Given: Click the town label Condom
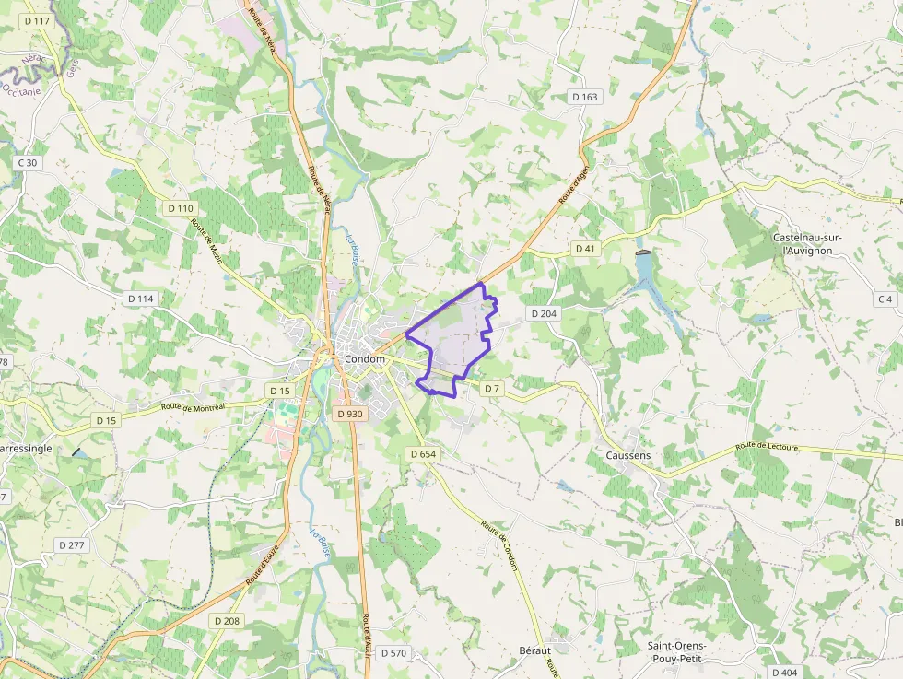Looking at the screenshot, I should point(363,359).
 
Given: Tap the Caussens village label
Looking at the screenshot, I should point(628,455).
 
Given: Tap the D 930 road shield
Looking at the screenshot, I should point(350,414).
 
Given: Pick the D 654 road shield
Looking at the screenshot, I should point(422,454).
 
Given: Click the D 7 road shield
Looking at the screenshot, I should point(492,389).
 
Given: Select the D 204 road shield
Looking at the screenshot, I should point(544,314).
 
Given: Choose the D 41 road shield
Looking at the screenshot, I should point(585,249).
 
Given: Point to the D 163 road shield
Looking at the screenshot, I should point(585,97).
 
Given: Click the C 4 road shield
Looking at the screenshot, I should point(885,299).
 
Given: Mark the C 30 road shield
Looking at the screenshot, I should point(28,163).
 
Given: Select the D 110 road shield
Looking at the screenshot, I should point(181,209).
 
